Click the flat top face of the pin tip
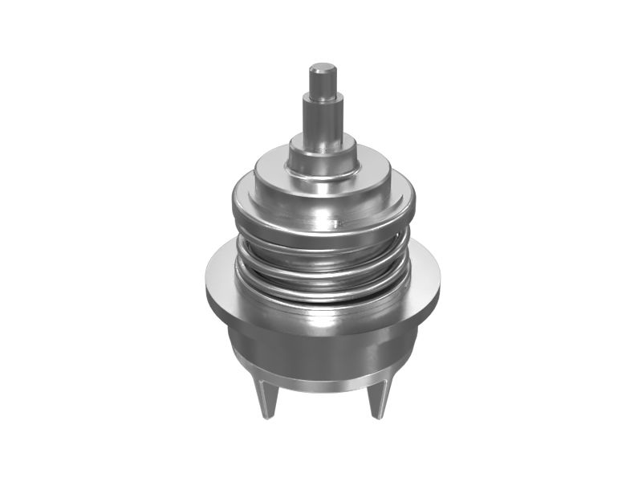tap(323, 67)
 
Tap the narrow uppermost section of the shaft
tap(323, 82)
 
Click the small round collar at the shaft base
tap(323, 157)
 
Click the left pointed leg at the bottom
tap(267, 398)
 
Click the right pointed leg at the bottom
tap(377, 398)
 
